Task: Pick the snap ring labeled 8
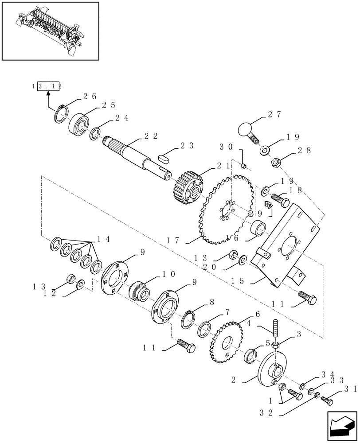coord(191,319)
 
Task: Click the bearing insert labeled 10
coord(140,292)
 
